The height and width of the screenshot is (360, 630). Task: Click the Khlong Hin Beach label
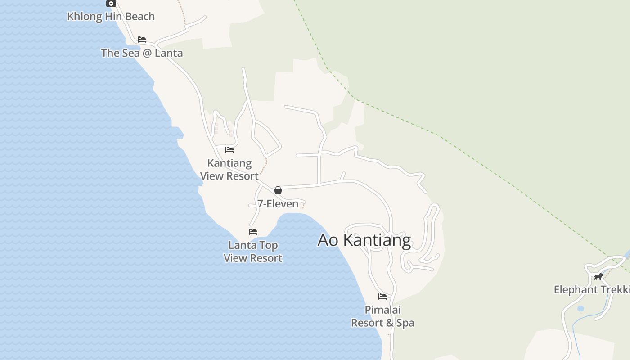[x=111, y=17]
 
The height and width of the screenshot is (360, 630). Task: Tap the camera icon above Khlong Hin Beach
[x=111, y=3]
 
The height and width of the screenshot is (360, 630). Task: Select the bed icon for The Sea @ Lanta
[x=142, y=40]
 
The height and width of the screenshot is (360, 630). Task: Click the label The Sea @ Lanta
[x=142, y=53]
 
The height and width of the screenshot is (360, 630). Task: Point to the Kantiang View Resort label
[x=229, y=170]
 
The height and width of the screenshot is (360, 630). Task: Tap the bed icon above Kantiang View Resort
[x=229, y=150]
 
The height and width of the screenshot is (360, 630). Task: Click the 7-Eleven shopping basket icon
[x=278, y=190]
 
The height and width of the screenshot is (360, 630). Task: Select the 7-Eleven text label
[x=278, y=204]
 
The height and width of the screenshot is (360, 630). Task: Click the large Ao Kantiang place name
[x=364, y=240]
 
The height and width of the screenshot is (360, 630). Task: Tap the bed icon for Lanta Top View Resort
[x=253, y=232]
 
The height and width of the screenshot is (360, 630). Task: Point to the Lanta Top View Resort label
[x=253, y=252]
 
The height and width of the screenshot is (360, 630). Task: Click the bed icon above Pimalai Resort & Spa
[x=382, y=297]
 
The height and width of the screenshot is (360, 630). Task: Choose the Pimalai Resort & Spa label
[x=382, y=316]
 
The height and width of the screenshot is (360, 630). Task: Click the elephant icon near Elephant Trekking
[x=598, y=276]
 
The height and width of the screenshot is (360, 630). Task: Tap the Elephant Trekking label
[x=592, y=290]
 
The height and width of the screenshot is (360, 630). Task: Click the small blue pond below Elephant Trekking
[x=580, y=309]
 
